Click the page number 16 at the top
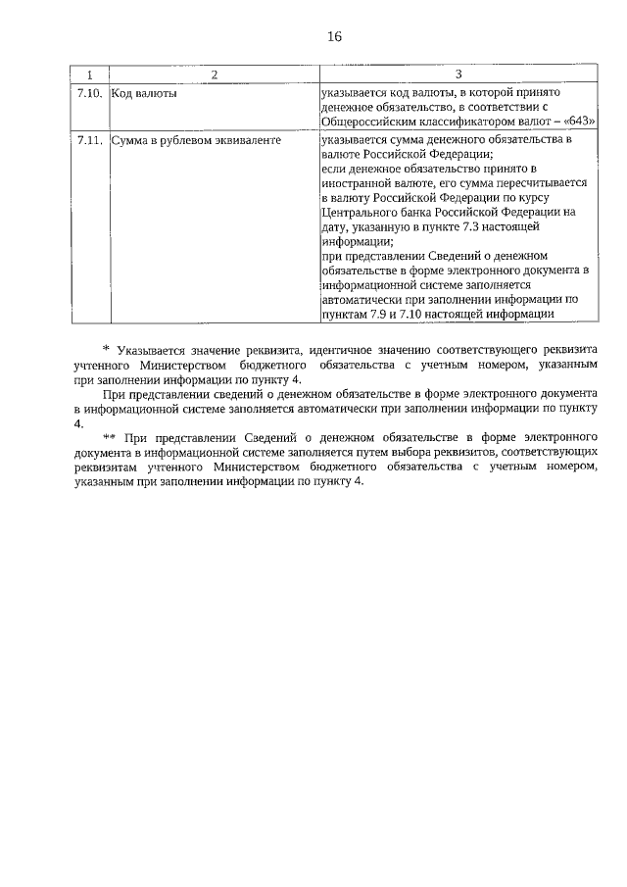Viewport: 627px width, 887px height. [334, 37]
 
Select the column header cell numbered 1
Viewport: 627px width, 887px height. [90, 74]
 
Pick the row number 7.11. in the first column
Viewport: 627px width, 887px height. [90, 141]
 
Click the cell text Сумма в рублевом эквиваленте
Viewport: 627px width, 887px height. [197, 141]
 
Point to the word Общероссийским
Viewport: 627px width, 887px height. [370, 121]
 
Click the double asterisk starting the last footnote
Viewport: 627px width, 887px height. [109, 436]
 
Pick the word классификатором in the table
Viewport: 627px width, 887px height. [468, 121]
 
